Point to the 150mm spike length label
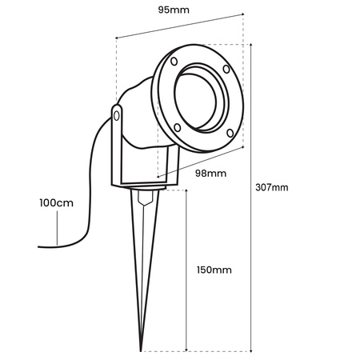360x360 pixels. (213, 270)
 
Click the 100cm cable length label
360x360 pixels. (56, 203)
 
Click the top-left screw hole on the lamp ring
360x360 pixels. (174, 62)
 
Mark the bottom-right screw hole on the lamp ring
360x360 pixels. (229, 133)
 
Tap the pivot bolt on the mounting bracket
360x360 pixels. (118, 118)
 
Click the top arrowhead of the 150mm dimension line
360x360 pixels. (186, 193)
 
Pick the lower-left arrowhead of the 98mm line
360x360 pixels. (158, 177)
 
